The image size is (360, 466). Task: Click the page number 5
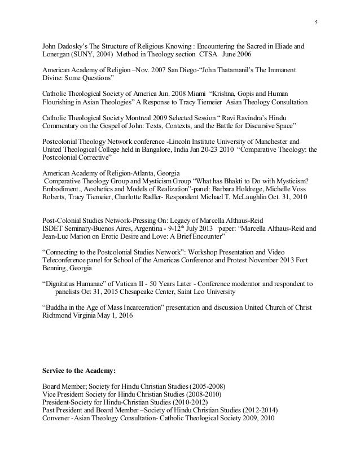(317, 22)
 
